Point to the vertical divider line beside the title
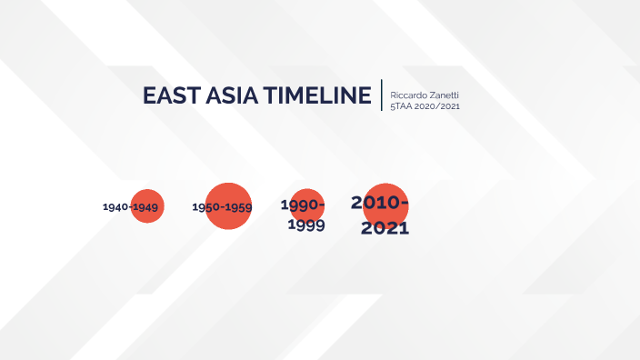(383, 95)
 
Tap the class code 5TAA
(401, 106)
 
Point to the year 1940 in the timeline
(115, 207)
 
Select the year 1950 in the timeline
(206, 207)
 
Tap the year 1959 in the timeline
(239, 207)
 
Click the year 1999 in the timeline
(306, 225)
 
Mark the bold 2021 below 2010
(385, 227)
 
